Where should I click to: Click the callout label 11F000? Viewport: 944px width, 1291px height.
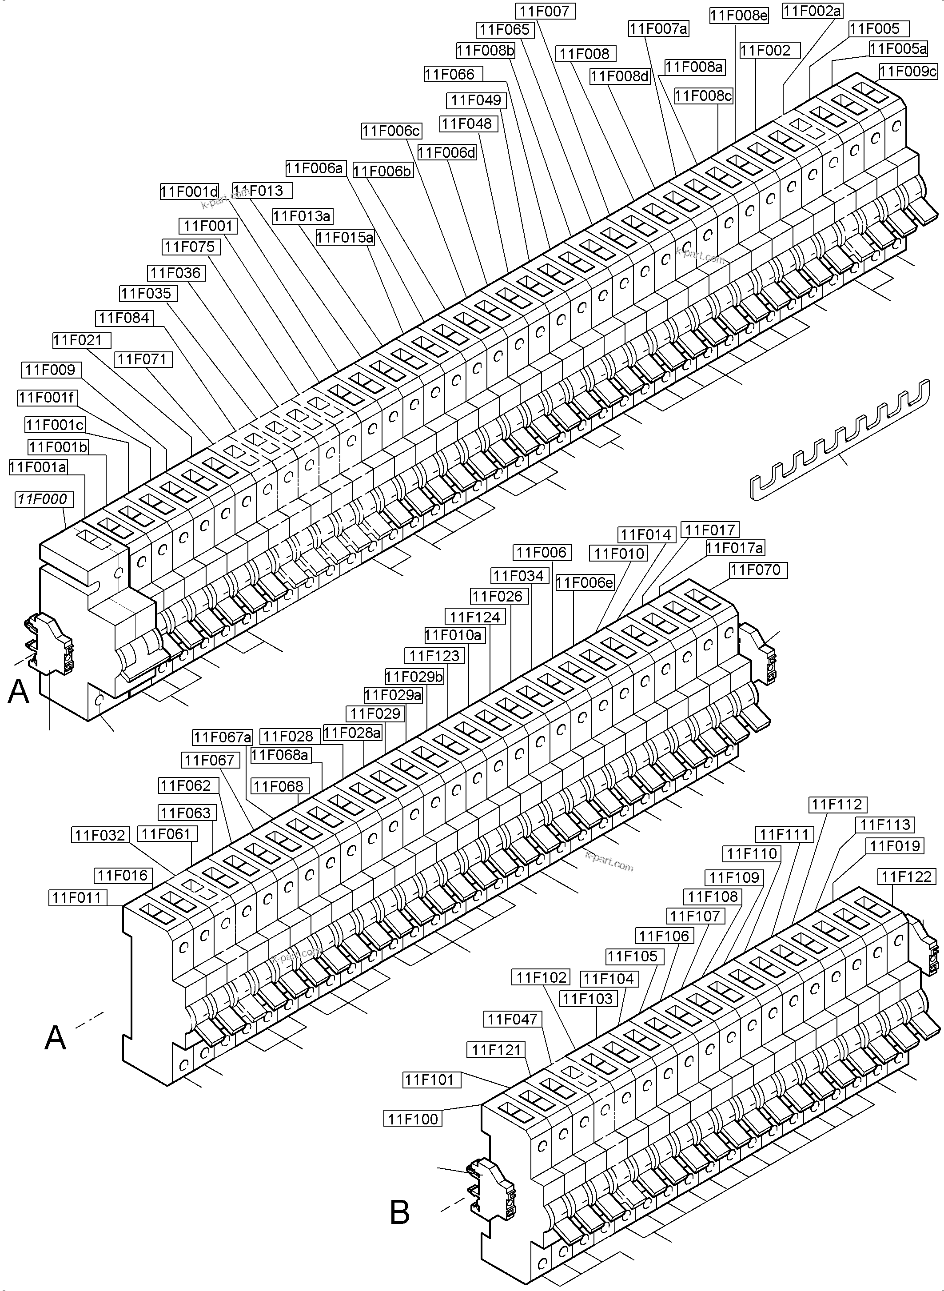pos(42,499)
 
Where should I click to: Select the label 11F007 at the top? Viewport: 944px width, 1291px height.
pos(545,11)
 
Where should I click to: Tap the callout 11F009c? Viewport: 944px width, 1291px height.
pos(908,72)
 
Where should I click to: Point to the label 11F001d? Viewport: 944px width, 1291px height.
pos(189,191)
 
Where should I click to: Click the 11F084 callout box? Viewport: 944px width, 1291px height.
pos(124,318)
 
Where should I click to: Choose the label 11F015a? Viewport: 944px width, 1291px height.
pos(345,237)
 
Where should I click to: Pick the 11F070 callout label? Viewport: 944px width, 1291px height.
pos(758,570)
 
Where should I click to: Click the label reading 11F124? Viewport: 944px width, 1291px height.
pos(474,617)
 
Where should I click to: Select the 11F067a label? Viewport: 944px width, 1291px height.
pos(222,737)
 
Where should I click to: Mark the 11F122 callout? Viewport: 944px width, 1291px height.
pos(906,877)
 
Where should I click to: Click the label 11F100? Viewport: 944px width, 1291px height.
pos(413,1119)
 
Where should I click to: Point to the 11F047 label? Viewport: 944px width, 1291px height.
pos(512,1019)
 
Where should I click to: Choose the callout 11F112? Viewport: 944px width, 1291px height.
pos(837,805)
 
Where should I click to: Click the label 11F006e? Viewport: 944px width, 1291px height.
pos(585,583)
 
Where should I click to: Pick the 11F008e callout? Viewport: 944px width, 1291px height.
pos(739,16)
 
